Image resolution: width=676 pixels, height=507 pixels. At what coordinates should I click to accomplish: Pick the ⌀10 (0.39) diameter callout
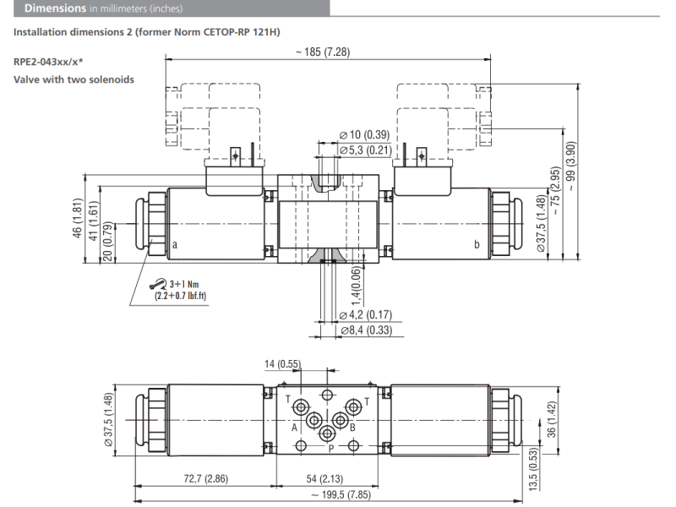(365, 135)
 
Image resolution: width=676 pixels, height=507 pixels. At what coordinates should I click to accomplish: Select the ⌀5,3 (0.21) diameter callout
(366, 150)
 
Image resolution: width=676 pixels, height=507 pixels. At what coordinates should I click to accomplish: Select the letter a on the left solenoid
(175, 243)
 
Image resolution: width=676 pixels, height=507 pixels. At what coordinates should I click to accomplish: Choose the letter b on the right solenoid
(477, 243)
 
